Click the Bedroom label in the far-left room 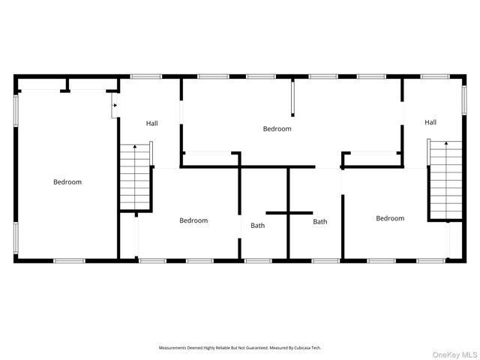67,181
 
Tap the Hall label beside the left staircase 151,123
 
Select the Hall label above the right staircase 430,122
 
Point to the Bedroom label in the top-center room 277,129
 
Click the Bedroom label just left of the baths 193,220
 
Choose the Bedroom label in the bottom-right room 390,218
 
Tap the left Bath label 257,225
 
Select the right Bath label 320,221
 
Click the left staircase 136,178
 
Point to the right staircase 445,181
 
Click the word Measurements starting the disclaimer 173,348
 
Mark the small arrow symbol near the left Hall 114,106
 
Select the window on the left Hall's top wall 145,76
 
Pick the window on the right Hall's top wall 434,76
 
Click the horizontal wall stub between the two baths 289,213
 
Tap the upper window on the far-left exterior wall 16,109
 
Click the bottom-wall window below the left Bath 258,261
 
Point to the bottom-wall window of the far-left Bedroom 69,261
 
